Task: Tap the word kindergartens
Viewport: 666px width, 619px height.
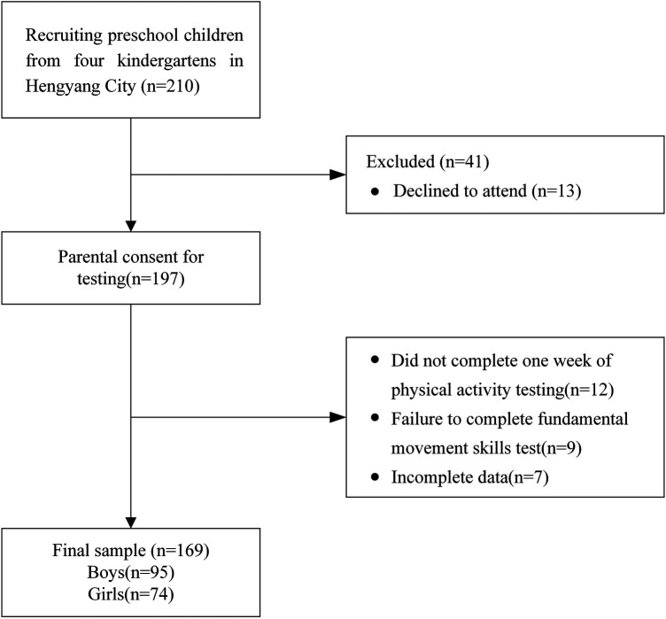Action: click(166, 61)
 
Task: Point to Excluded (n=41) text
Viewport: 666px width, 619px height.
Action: click(427, 162)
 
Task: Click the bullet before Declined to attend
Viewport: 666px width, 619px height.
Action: click(375, 192)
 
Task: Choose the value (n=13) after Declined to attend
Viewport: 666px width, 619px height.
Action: click(556, 190)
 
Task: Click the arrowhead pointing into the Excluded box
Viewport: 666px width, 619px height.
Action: click(337, 174)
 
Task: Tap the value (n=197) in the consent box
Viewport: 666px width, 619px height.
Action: click(156, 279)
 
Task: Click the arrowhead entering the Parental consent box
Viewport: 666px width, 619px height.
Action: click(131, 226)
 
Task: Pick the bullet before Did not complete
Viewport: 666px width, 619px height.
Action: click(375, 360)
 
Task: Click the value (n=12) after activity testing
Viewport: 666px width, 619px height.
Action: click(590, 390)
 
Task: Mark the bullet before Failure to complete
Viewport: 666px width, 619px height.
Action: click(375, 418)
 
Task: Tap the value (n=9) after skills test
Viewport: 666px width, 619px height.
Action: click(561, 448)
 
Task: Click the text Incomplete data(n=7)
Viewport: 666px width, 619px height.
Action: click(469, 477)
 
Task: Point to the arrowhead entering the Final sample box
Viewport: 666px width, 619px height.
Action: click(131, 522)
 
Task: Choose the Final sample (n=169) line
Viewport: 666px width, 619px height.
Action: click(131, 551)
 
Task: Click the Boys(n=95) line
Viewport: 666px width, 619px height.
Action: click(131, 572)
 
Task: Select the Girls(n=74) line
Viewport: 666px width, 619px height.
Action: click(131, 594)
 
